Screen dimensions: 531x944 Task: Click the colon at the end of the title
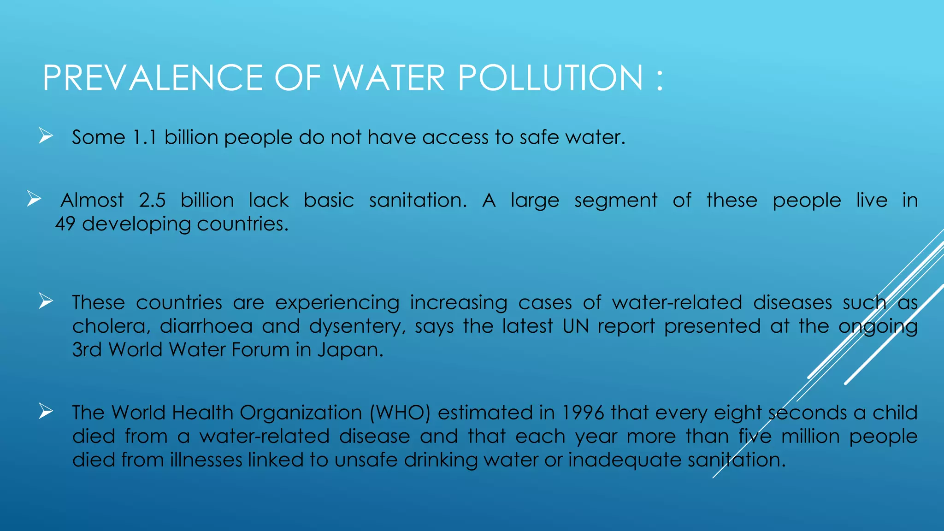click(x=659, y=78)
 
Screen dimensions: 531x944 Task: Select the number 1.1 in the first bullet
click(x=144, y=137)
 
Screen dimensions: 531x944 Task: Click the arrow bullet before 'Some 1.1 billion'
click(x=46, y=136)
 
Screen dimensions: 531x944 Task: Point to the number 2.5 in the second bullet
click(x=152, y=201)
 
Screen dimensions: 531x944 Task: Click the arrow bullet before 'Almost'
click(x=34, y=199)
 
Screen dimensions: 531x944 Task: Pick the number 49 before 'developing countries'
click(x=65, y=224)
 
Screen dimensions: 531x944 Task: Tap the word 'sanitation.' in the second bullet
click(x=418, y=201)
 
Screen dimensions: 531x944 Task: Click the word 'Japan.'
click(x=350, y=350)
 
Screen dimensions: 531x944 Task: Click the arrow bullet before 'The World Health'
click(x=46, y=411)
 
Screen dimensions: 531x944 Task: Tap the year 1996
click(x=583, y=413)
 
